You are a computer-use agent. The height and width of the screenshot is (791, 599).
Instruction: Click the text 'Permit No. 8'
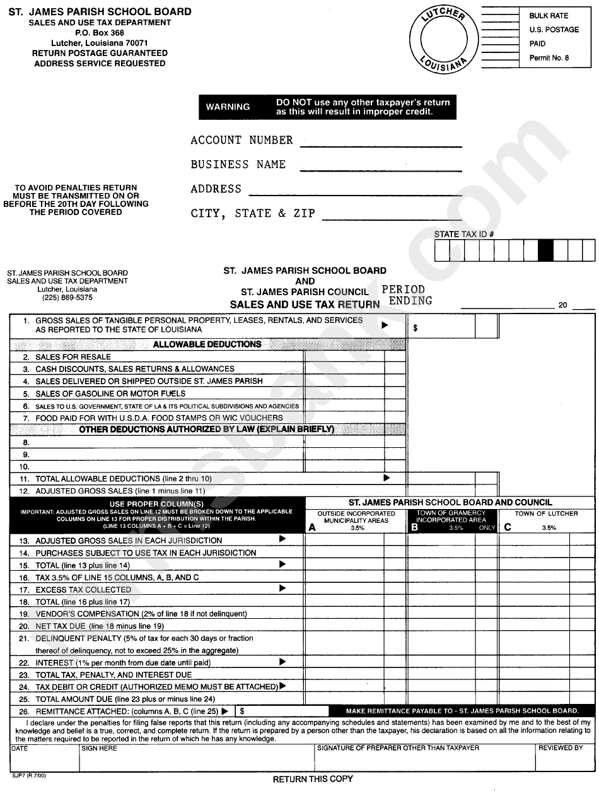pyautogui.click(x=549, y=58)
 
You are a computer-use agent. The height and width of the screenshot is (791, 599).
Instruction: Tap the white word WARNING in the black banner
pyautogui.click(x=228, y=107)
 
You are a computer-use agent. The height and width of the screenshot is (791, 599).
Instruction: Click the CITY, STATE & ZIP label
pyautogui.click(x=253, y=213)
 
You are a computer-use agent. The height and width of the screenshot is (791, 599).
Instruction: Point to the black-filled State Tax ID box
pyautogui.click(x=545, y=251)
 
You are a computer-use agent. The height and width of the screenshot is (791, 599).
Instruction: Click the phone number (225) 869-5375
pyautogui.click(x=67, y=298)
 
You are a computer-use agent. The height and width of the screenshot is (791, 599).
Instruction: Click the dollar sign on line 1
pyautogui.click(x=416, y=328)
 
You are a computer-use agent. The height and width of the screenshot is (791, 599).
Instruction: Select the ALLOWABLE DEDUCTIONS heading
pyautogui.click(x=207, y=344)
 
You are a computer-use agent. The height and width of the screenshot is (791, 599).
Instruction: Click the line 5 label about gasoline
pyautogui.click(x=110, y=394)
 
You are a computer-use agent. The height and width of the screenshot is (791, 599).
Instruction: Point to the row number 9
pyautogui.click(x=26, y=454)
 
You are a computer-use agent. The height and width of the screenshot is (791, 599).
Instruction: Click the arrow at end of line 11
pyautogui.click(x=387, y=478)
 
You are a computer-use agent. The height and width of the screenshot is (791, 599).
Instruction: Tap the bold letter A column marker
pyautogui.click(x=311, y=529)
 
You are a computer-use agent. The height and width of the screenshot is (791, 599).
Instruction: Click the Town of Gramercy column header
pyautogui.click(x=451, y=517)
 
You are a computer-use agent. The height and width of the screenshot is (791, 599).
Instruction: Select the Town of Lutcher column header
pyautogui.click(x=546, y=513)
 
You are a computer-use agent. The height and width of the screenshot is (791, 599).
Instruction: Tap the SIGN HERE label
pyautogui.click(x=100, y=748)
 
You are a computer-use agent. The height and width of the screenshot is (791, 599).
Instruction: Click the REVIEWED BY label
pyautogui.click(x=560, y=748)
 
